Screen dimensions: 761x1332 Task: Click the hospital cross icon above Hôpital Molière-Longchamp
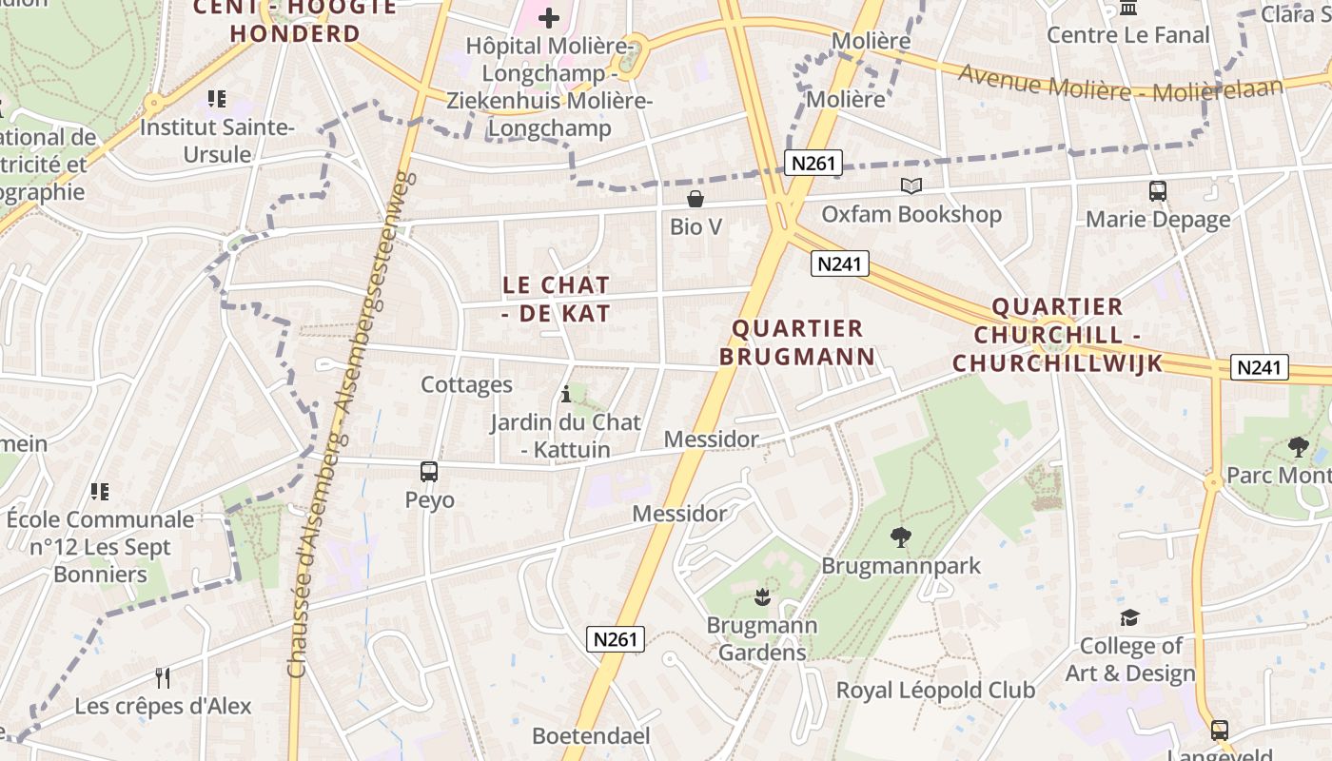coord(549,17)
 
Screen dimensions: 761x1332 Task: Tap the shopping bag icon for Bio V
coord(695,199)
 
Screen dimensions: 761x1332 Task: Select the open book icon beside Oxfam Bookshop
coord(911,186)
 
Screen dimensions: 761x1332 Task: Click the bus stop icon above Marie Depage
coord(1157,191)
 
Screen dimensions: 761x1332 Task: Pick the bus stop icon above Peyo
coord(429,472)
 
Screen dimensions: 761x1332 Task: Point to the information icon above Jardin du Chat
coord(566,394)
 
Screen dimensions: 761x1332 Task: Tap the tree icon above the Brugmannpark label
coord(900,537)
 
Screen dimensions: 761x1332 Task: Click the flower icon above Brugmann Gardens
coord(761,597)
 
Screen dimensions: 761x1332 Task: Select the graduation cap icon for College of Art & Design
coord(1128,618)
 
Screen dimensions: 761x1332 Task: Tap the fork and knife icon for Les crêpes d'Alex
coord(163,677)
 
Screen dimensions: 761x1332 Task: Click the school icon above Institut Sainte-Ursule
coord(217,98)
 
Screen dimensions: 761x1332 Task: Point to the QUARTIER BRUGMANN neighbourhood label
coord(797,342)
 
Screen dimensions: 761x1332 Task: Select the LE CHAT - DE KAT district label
coord(556,299)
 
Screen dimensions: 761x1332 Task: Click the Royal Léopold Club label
coord(935,690)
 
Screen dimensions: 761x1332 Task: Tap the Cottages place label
coord(466,385)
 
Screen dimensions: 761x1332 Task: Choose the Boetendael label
coord(591,735)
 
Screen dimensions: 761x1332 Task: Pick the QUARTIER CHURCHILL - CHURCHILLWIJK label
coord(1057,335)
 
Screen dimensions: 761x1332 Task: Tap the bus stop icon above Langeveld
coord(1219,731)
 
